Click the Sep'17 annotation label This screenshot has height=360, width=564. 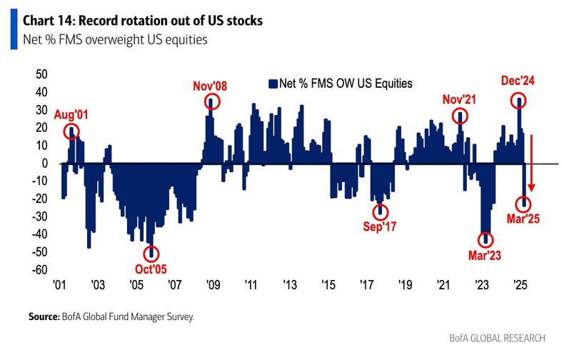(380, 229)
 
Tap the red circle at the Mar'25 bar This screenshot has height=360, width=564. (524, 204)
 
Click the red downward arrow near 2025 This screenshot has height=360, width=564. (530, 165)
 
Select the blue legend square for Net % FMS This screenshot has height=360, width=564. (271, 84)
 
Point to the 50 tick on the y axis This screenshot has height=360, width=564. (41, 74)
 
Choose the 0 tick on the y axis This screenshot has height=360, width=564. (44, 164)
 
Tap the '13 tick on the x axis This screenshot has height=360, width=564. (290, 284)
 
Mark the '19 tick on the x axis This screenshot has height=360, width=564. (405, 284)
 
